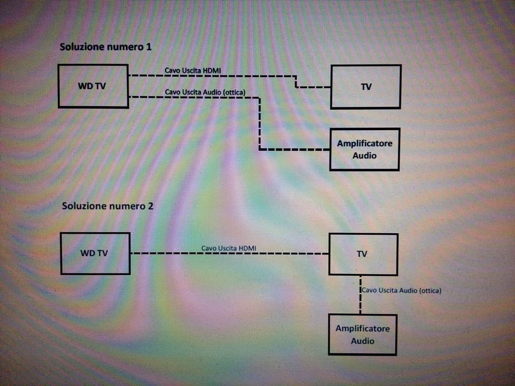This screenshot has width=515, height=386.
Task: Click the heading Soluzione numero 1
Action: (x=106, y=47)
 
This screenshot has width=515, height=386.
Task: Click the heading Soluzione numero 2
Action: (x=108, y=206)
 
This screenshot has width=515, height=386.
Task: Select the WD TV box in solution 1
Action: (x=93, y=86)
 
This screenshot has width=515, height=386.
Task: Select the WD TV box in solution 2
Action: (x=95, y=253)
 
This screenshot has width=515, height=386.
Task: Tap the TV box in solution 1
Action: (x=366, y=86)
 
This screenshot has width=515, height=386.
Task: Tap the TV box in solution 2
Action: (x=363, y=254)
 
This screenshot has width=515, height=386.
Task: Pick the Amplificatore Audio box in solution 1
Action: (x=365, y=149)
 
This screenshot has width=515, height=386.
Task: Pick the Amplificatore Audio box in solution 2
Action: (x=363, y=335)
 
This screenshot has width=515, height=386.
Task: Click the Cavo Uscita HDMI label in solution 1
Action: (x=192, y=70)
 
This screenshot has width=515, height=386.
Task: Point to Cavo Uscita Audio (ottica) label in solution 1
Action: (x=205, y=92)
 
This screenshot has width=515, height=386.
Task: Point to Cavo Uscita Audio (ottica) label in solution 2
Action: (x=402, y=291)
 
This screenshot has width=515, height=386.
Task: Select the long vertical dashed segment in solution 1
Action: (x=260, y=123)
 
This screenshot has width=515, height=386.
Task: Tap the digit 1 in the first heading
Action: (x=149, y=47)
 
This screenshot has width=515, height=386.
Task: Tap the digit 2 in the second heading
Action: (x=151, y=206)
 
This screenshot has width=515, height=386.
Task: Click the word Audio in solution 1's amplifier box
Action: (x=365, y=156)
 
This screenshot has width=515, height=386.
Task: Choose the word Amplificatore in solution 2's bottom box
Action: (x=363, y=329)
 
